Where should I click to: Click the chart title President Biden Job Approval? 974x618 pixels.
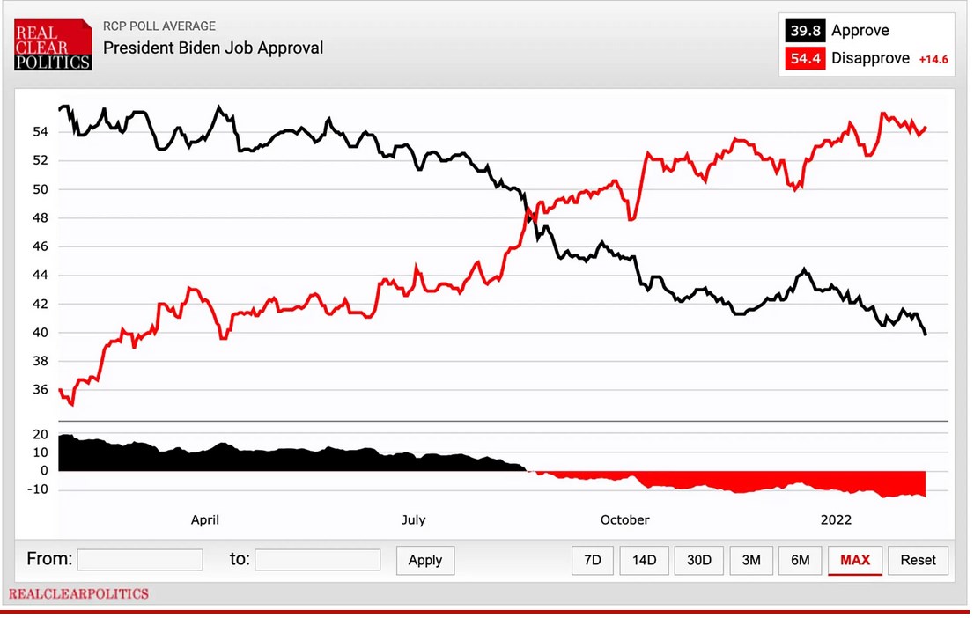[213, 48]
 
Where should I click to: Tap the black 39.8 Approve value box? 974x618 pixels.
[803, 31]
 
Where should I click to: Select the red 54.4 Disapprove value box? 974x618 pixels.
[803, 59]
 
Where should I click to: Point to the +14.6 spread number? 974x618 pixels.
[933, 60]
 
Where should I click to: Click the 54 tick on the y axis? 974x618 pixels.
[41, 132]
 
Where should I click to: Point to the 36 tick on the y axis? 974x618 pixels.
[41, 390]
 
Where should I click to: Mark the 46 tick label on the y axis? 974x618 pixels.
[41, 246]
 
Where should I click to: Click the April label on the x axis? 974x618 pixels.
[205, 520]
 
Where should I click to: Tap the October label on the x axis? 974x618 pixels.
[624, 520]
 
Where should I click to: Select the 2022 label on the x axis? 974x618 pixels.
[836, 520]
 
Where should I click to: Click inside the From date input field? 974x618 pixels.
[140, 560]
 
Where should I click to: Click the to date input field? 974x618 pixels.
[317, 560]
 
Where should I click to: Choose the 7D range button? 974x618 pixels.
[593, 560]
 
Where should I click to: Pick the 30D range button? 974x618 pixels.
[699, 560]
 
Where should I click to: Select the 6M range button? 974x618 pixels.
[800, 560]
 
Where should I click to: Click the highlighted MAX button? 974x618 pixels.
[854, 560]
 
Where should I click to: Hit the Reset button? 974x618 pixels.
[918, 560]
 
